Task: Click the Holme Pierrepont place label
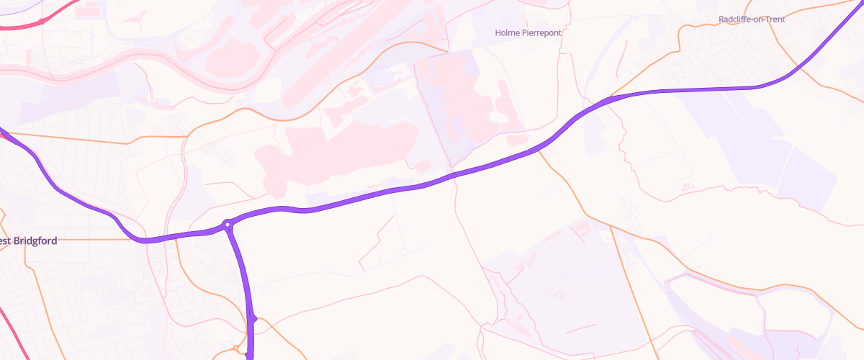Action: coord(528,32)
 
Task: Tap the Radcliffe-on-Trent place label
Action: coord(752,19)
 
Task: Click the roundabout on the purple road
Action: coord(228,225)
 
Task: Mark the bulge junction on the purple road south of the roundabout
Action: coord(253,318)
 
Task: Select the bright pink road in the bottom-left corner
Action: coord(9,324)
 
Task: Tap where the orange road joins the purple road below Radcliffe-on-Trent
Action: coord(611,96)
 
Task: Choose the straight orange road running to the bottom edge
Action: coord(634,288)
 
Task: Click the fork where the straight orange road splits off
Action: coord(610,225)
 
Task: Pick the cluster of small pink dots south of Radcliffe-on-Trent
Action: coord(684,188)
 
